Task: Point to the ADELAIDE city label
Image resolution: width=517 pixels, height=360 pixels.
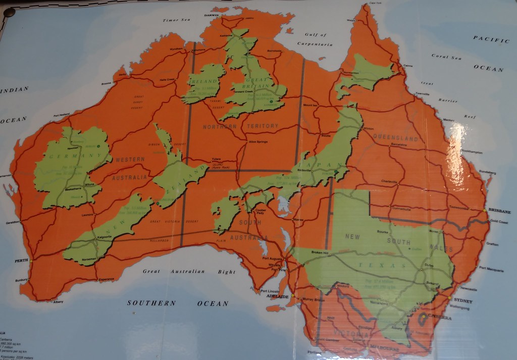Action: pyautogui.click(x=277, y=297)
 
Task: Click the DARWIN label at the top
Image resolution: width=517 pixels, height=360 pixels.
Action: pyautogui.click(x=211, y=15)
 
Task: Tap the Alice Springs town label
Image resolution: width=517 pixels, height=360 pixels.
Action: pyautogui.click(x=258, y=142)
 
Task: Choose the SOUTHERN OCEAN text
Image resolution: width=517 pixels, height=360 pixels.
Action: pyautogui.click(x=177, y=303)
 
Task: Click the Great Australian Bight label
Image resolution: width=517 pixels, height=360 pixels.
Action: pyautogui.click(x=189, y=272)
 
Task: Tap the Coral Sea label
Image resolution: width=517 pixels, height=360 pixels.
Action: pyautogui.click(x=446, y=57)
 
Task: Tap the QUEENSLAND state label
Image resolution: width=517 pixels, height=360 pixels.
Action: pyautogui.click(x=395, y=137)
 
